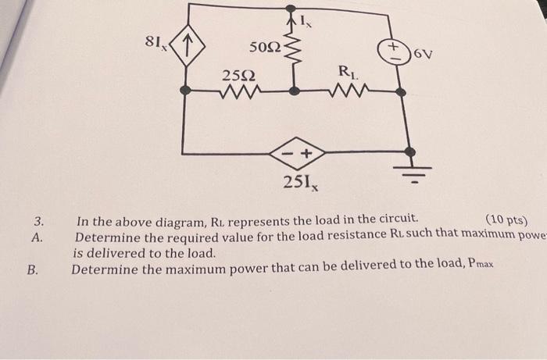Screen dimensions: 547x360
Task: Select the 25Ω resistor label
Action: point(238,76)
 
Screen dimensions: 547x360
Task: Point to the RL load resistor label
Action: point(347,73)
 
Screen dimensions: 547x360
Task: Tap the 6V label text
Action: point(423,54)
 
